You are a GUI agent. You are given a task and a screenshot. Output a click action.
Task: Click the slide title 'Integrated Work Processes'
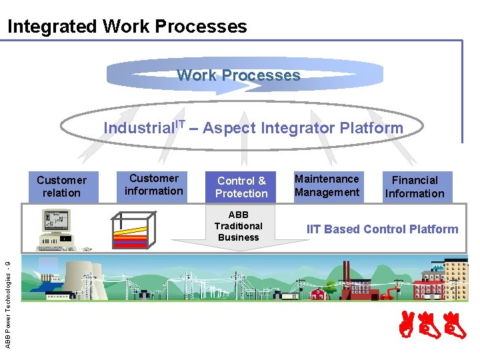[x=127, y=27]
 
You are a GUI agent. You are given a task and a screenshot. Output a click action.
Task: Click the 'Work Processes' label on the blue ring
[x=238, y=75]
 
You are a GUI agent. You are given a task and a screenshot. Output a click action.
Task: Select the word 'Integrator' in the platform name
[x=298, y=128]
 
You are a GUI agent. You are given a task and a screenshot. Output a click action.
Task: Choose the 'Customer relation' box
[x=61, y=187]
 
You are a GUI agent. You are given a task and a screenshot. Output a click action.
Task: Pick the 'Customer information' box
[x=154, y=185]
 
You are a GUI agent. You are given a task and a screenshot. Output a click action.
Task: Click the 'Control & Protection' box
[x=241, y=187]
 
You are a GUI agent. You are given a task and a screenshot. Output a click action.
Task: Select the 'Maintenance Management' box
[x=327, y=185]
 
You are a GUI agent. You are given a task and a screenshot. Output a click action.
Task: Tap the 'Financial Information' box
[x=415, y=187]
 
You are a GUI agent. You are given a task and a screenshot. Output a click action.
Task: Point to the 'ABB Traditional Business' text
[x=238, y=226]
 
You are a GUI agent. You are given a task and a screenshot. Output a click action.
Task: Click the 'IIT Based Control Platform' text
[x=382, y=229]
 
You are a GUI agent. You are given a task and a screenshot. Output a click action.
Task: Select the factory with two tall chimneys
[x=349, y=280]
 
